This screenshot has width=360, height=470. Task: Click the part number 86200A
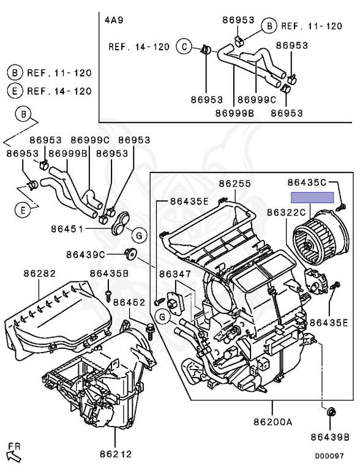point(272,422)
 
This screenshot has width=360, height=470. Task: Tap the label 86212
point(116,454)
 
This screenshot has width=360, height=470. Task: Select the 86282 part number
point(40,274)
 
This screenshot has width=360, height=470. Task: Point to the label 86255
point(234,184)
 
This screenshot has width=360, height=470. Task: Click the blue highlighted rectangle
point(312,198)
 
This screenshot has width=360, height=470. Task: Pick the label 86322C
point(286,212)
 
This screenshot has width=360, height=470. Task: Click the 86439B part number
point(330,438)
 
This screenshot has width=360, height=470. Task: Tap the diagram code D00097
point(329,456)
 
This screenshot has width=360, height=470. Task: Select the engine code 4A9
point(114,20)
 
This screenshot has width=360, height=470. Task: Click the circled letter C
point(184,47)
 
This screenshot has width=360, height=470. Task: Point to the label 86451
point(67,229)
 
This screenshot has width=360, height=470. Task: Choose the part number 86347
point(175,274)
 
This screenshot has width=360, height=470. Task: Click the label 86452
point(129,302)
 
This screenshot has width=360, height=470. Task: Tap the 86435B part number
point(109,274)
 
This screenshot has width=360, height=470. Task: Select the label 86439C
point(86,255)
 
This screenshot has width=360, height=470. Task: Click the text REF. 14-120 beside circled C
point(139,47)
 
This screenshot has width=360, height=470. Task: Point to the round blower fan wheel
point(320,237)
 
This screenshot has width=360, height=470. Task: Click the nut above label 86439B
point(330,412)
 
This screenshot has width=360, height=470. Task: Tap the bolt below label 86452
point(149,331)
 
